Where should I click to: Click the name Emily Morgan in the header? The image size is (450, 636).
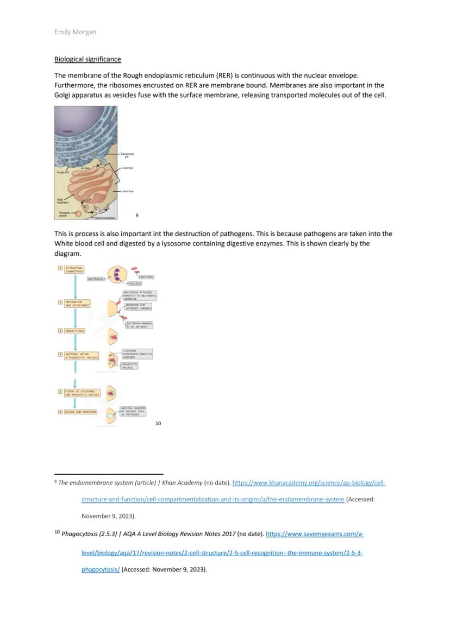click(x=75, y=32)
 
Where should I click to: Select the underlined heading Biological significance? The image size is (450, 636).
click(x=87, y=59)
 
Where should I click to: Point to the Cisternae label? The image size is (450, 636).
click(x=127, y=168)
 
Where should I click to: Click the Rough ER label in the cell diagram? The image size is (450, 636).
click(x=62, y=172)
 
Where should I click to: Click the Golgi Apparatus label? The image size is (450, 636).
click(x=62, y=200)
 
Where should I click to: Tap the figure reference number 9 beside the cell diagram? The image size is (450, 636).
click(x=137, y=216)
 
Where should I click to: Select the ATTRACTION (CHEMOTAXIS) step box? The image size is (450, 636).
click(x=74, y=269)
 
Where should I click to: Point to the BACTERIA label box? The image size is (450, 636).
click(x=146, y=277)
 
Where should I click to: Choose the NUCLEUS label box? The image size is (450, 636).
click(x=134, y=284)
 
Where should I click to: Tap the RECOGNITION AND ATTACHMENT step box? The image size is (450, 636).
click(x=77, y=303)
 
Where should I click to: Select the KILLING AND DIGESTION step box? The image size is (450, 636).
click(x=81, y=412)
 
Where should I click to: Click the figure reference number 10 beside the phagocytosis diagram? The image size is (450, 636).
click(x=158, y=423)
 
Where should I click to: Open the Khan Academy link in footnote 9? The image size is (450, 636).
click(x=309, y=483)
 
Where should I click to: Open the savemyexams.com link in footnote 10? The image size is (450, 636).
click(x=315, y=534)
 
